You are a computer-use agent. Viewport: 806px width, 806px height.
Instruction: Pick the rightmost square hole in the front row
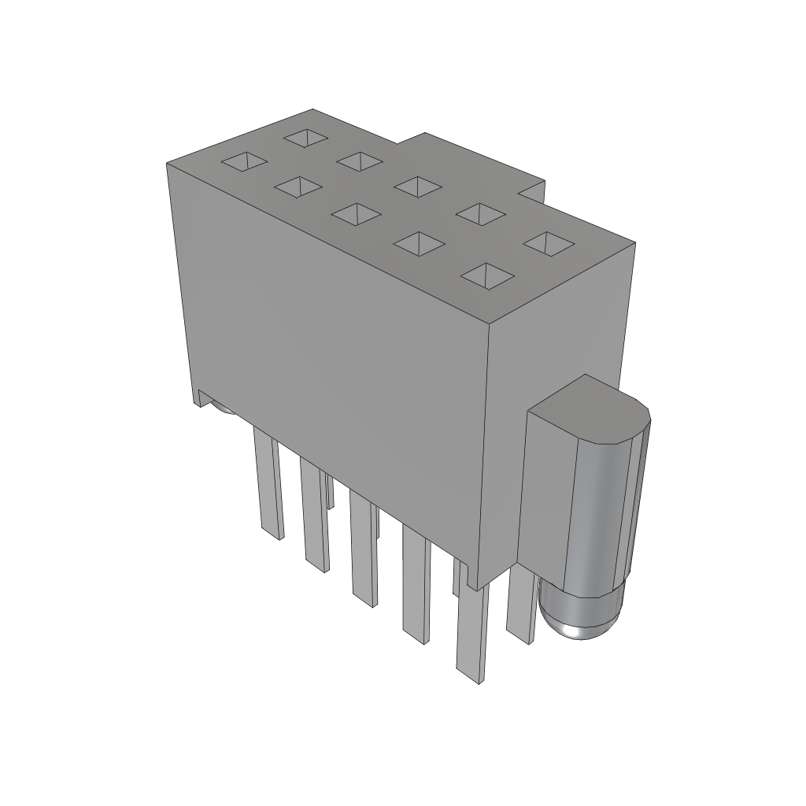pyautogui.click(x=488, y=275)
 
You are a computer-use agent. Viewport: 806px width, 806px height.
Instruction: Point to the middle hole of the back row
pyautogui.click(x=417, y=187)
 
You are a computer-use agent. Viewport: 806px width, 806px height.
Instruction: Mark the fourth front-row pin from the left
pyautogui.click(x=416, y=582)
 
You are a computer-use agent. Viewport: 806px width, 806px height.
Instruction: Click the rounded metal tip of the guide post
pyautogui.click(x=581, y=619)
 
